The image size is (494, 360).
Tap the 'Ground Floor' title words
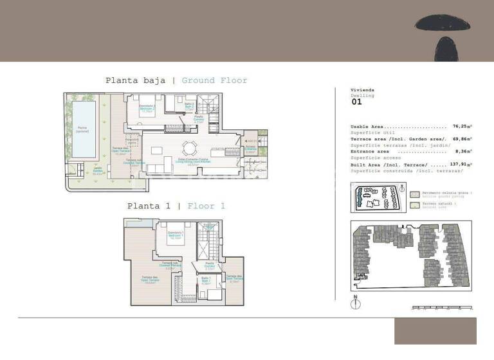(x=214, y=81)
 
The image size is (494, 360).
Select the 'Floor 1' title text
(x=206, y=206)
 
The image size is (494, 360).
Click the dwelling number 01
(x=356, y=102)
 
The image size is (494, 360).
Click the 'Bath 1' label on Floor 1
(x=206, y=280)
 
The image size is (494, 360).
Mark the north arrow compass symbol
(x=354, y=303)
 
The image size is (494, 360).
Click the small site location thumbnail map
(x=379, y=197)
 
